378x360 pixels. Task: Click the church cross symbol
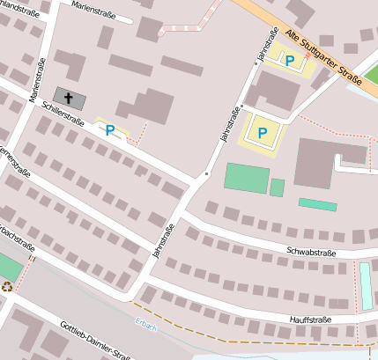click(70, 97)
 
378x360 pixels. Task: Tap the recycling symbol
click(8, 286)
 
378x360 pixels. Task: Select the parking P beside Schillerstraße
click(110, 130)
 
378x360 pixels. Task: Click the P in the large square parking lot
click(262, 133)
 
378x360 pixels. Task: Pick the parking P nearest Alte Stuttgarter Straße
click(289, 60)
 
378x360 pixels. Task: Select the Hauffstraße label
click(310, 319)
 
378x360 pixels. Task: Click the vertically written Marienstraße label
click(39, 78)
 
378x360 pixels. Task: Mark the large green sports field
click(246, 177)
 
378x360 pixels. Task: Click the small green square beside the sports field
click(277, 187)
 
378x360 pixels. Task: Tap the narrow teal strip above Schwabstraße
click(317, 204)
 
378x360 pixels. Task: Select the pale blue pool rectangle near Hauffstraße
click(366, 286)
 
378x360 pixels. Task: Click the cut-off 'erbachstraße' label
click(17, 239)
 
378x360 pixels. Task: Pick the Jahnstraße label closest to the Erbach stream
click(159, 239)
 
